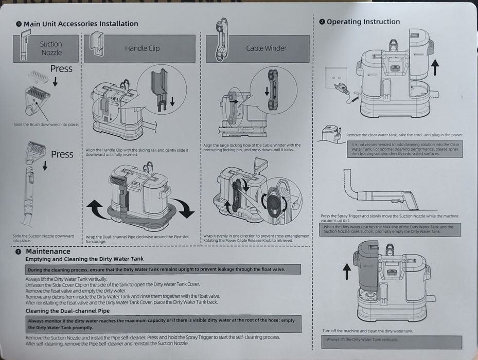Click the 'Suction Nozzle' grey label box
(51, 48)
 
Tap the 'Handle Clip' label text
(142, 48)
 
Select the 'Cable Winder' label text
(266, 48)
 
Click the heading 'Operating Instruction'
(363, 22)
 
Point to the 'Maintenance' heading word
(48, 251)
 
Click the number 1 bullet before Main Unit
(19, 24)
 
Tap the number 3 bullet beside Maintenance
(19, 252)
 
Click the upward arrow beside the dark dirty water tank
(346, 272)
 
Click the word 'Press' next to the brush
(61, 69)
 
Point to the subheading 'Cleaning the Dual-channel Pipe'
(67, 311)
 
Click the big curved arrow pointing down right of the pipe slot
(184, 208)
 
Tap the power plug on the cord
(340, 89)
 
